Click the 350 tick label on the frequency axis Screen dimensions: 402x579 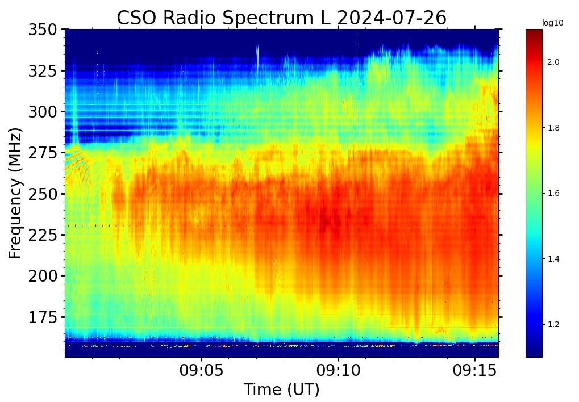click(x=43, y=30)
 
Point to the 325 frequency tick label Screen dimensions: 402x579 click(x=43, y=71)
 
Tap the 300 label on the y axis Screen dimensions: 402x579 click(x=43, y=112)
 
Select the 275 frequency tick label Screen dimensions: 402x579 click(x=43, y=153)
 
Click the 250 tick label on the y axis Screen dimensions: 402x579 click(x=43, y=194)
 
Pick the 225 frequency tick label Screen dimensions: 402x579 click(x=43, y=235)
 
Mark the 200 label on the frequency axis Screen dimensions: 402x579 click(x=43, y=276)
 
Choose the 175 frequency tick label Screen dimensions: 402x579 click(x=43, y=317)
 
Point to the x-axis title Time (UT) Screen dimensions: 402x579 click(x=281, y=390)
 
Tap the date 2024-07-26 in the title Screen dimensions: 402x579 click(x=391, y=18)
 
